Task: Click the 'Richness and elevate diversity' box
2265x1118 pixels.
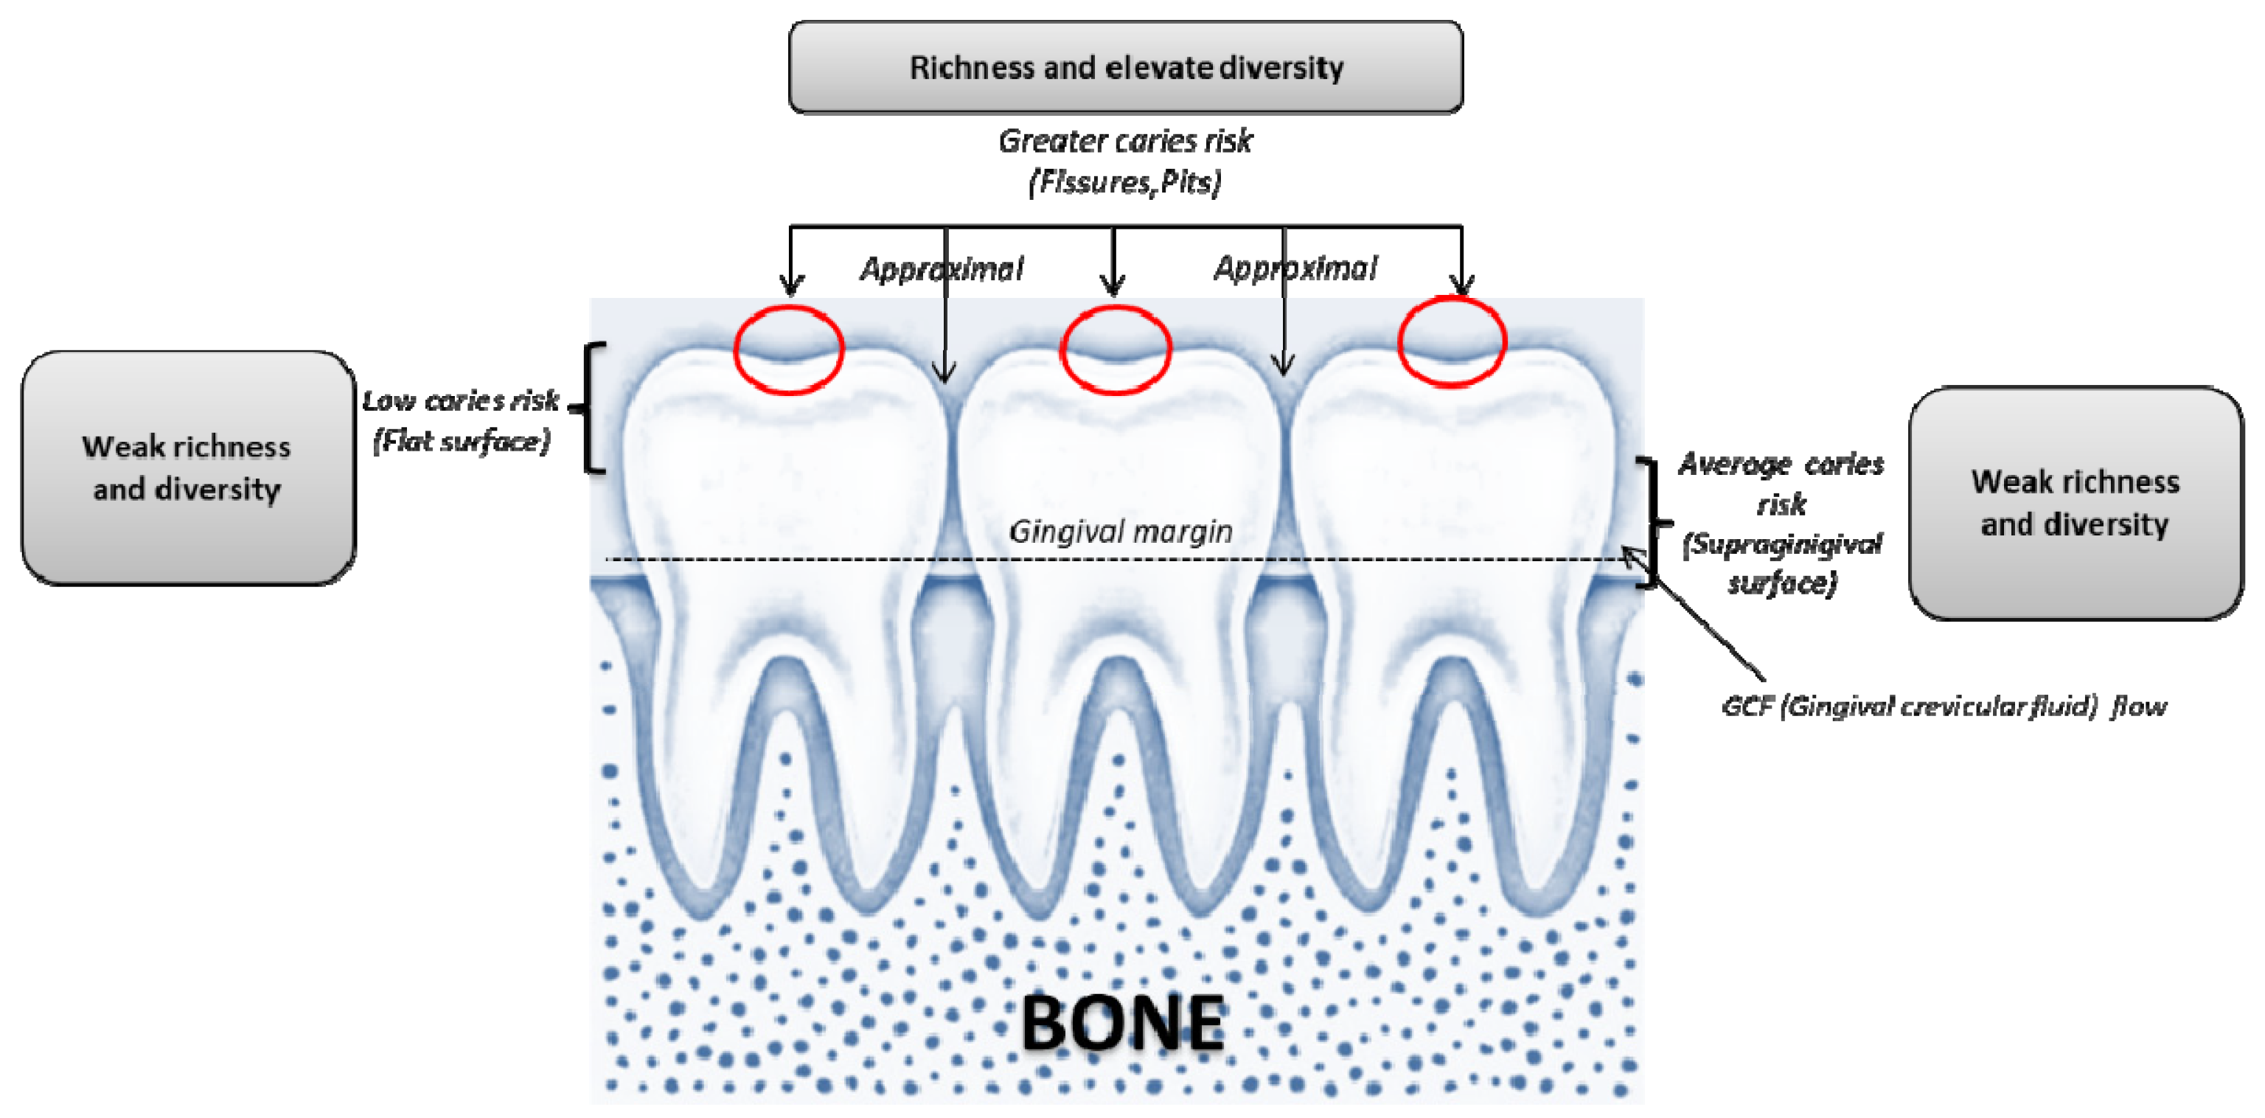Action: (1125, 68)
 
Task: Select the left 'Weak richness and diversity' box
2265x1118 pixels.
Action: (187, 468)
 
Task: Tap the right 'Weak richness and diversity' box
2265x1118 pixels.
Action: (2075, 503)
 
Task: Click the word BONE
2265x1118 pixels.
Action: (1123, 1022)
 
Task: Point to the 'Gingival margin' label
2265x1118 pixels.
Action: (1120, 531)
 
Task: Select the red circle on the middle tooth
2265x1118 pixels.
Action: (1116, 350)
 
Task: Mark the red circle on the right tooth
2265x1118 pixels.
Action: (1452, 341)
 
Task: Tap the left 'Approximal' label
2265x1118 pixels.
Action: (941, 268)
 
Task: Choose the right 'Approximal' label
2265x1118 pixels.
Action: (1295, 268)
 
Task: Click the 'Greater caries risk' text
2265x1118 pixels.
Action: (1125, 141)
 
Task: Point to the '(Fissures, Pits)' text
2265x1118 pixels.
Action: (1125, 182)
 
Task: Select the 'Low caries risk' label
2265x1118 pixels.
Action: (461, 401)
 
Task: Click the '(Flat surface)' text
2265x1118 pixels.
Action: (462, 441)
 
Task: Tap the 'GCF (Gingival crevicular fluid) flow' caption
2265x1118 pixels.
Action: (1944, 706)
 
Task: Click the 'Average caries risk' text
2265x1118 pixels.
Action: (1781, 483)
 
